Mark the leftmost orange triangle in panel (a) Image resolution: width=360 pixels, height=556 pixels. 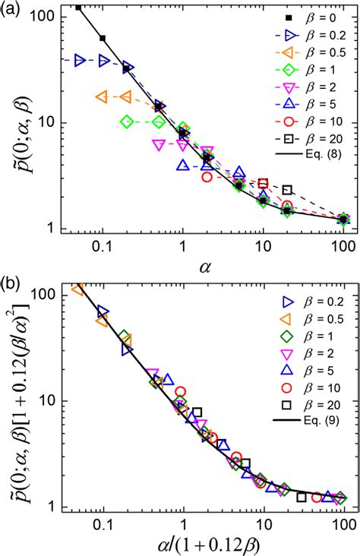coord(101,96)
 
